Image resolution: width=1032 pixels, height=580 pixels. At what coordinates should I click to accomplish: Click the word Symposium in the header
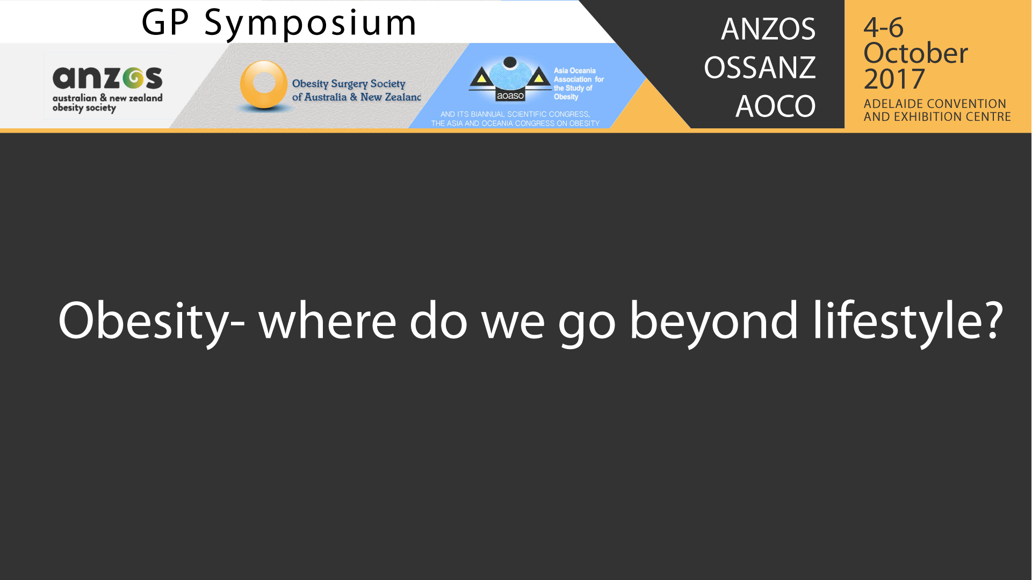311,24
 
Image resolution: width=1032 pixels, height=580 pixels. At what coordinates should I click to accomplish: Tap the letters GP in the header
165,23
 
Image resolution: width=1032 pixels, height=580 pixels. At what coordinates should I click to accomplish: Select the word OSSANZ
760,67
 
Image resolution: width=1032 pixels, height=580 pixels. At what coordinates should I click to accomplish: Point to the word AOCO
775,106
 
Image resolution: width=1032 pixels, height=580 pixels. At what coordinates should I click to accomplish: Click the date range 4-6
883,27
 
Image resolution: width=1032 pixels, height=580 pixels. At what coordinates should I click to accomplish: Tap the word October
915,53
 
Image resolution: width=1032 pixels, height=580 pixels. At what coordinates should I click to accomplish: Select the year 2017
894,79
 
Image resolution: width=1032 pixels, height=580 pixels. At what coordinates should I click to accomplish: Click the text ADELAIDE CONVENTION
935,104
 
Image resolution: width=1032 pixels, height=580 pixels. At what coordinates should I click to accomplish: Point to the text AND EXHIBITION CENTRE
937,117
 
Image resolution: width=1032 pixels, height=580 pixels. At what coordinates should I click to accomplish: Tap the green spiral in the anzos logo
133,78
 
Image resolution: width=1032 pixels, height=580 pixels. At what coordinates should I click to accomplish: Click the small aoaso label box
510,96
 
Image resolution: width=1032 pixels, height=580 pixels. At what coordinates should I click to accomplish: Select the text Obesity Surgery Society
349,84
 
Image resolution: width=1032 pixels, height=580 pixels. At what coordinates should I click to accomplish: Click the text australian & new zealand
107,98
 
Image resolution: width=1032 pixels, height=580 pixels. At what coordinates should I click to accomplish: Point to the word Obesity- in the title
151,321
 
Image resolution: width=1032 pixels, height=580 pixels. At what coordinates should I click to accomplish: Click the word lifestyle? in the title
907,321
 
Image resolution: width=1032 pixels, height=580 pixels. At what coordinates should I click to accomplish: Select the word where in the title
327,321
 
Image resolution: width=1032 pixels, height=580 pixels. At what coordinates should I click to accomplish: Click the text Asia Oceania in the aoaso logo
574,70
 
